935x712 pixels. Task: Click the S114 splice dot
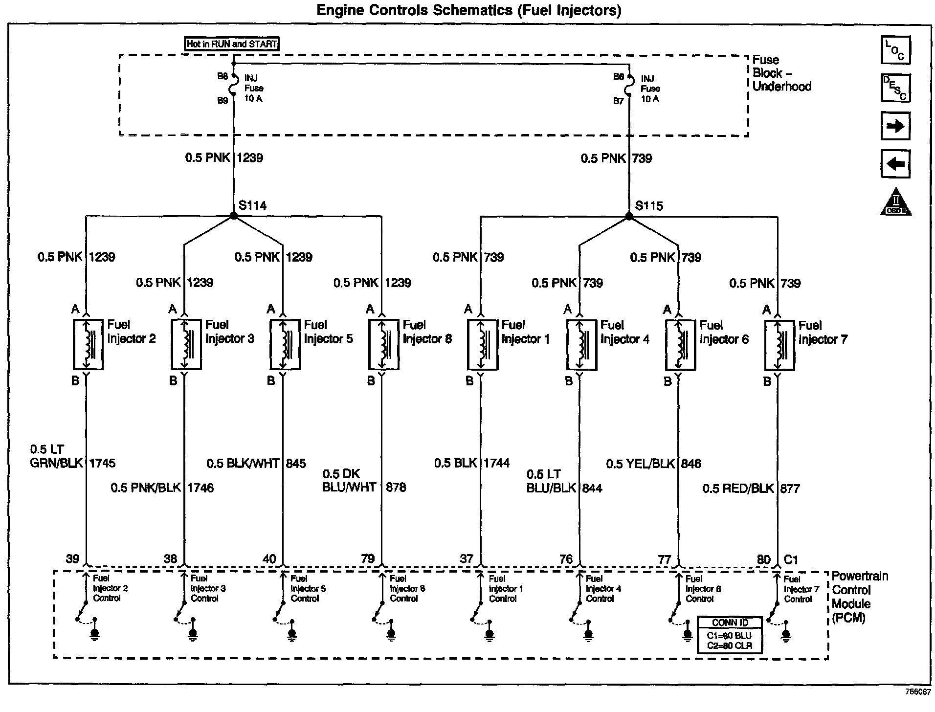[234, 216]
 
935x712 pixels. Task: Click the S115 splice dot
[629, 216]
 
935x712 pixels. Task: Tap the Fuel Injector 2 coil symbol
[88, 344]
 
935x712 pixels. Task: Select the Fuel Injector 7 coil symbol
[779, 345]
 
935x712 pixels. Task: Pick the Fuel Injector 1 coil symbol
[482, 345]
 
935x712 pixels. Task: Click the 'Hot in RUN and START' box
[232, 44]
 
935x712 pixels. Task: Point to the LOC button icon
[895, 50]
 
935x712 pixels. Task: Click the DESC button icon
[895, 88]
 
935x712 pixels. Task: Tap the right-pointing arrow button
[895, 126]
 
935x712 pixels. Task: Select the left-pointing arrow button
[895, 163]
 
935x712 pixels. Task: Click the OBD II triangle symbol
[896, 202]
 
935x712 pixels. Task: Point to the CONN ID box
[730, 635]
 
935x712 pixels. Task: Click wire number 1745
[102, 463]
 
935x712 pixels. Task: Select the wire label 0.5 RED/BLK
[738, 488]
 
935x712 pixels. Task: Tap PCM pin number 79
[368, 558]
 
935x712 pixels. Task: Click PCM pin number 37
[467, 558]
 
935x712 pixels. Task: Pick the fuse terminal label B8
[223, 76]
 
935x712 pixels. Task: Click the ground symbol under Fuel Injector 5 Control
[292, 634]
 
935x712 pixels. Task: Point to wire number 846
[691, 463]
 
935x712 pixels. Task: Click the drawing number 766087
[917, 692]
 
